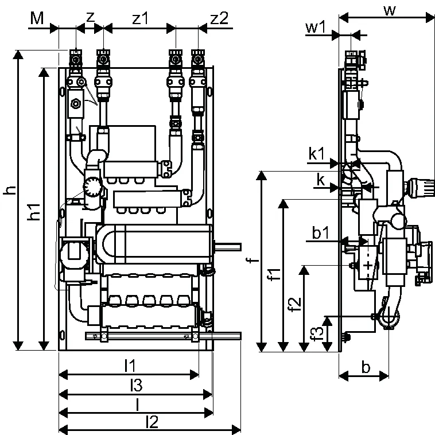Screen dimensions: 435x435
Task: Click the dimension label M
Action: point(37,18)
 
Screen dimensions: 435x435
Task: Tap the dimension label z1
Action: point(141,18)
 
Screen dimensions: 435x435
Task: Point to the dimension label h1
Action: point(34,212)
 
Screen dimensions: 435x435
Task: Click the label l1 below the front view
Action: point(130,366)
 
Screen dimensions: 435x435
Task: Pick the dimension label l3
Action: point(136,385)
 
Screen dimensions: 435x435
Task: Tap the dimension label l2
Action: point(152,422)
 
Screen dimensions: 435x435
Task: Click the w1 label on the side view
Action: point(316,28)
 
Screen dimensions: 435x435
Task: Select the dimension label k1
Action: point(317,153)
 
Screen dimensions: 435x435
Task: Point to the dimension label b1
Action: point(320,232)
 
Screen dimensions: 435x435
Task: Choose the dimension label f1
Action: point(275,274)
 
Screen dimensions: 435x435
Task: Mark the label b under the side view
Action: point(366,367)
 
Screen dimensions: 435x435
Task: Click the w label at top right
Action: point(390,10)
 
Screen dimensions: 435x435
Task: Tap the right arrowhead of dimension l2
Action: point(236,430)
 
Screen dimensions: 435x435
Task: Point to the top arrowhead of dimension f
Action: point(261,176)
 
